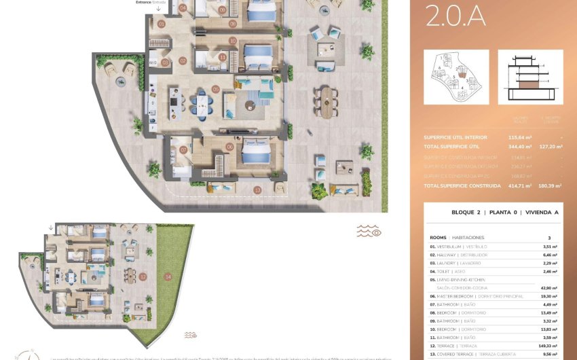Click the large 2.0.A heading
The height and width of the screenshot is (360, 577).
pyautogui.click(x=455, y=16)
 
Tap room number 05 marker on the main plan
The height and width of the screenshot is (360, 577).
pyautogui.click(x=215, y=89)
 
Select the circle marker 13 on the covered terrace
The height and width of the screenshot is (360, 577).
pyautogui.click(x=257, y=190)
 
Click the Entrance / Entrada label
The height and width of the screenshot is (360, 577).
pyautogui.click(x=151, y=3)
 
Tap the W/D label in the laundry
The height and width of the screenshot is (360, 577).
pyautogui.click(x=153, y=62)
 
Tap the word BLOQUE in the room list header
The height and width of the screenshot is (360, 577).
pyautogui.click(x=466, y=213)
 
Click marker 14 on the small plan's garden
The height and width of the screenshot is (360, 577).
pyautogui.click(x=167, y=276)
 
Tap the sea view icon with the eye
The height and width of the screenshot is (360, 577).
pyautogui.click(x=369, y=232)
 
